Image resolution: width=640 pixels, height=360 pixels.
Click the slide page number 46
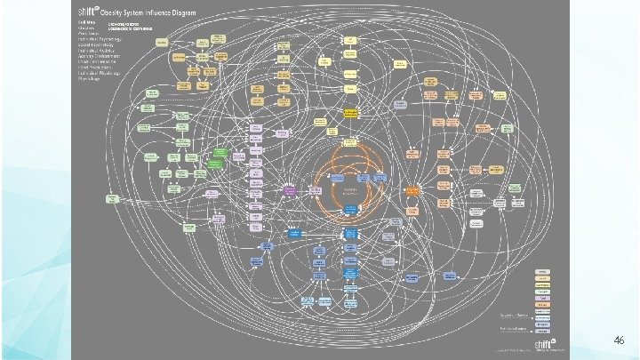click(x=620, y=340)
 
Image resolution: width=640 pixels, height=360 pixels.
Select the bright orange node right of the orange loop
click(x=412, y=190)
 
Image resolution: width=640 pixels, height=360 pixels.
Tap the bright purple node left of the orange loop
click(x=290, y=188)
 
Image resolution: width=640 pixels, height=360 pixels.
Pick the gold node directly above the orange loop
click(x=350, y=114)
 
